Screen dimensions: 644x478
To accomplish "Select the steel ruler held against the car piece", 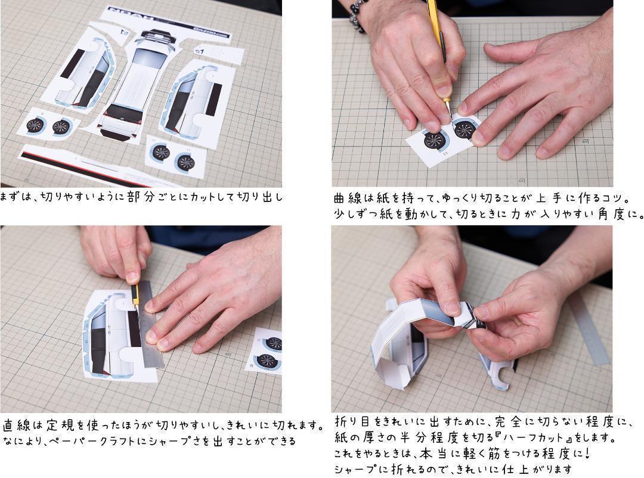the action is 150,324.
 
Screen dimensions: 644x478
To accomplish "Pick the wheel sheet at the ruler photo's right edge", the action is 267,352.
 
